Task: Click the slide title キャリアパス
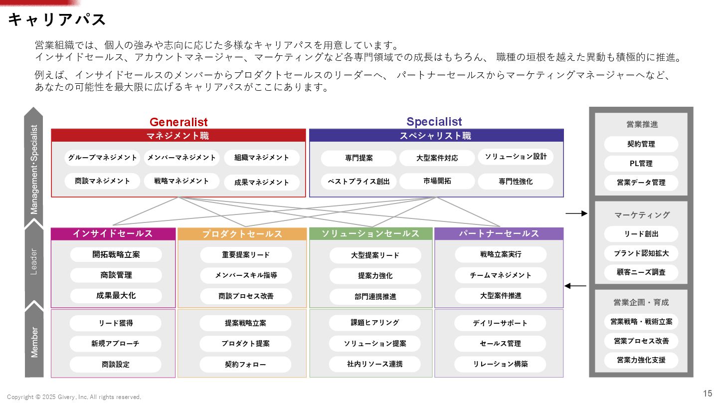coord(57,19)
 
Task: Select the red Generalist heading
coord(179,122)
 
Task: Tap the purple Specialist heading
coord(434,122)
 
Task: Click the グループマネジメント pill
coord(102,158)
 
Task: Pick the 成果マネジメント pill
coord(261,183)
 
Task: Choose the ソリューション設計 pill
coord(516,157)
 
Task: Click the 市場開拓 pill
coord(437,181)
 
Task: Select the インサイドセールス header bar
coord(113,233)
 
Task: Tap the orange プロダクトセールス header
coord(242,234)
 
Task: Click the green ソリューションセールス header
coord(370,233)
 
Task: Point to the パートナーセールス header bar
coord(499,233)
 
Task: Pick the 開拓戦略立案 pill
coord(116,254)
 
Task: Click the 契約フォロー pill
coord(245,365)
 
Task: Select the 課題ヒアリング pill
coord(374,323)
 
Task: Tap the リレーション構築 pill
coord(500,364)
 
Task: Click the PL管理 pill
coord(641,164)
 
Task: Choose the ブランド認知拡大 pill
coord(641,253)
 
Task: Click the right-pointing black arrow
coord(576,213)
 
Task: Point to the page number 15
coord(708,393)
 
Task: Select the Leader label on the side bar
coord(34,261)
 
